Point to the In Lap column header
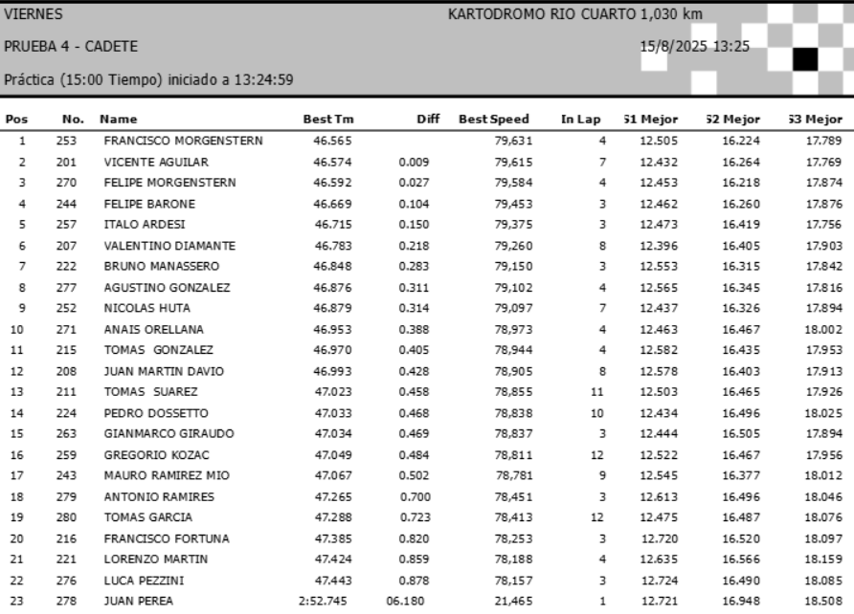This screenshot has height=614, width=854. [x=580, y=121]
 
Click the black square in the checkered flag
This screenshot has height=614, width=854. [x=803, y=59]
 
